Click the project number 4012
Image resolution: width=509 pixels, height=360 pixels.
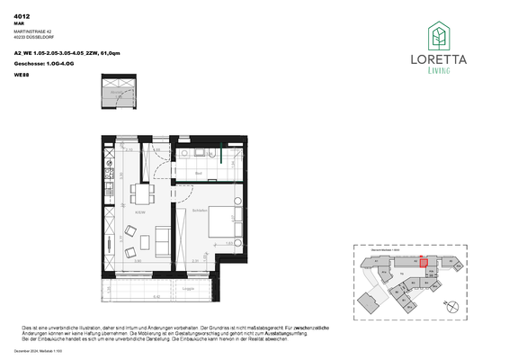click(x=22, y=16)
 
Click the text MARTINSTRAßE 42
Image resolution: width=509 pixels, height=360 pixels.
click(x=32, y=32)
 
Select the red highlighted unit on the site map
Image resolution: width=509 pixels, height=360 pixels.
click(x=424, y=260)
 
